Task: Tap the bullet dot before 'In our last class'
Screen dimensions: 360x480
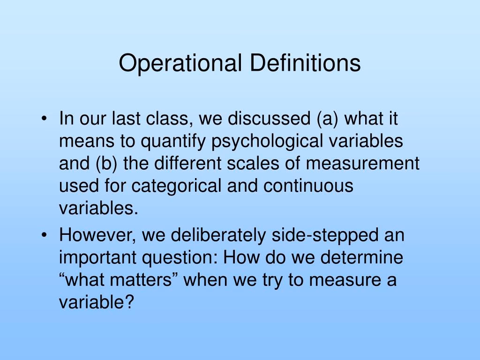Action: [44, 119]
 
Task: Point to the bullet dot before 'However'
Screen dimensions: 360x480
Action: [44, 235]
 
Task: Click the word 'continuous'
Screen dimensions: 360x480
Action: [308, 186]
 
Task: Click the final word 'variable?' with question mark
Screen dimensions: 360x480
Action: [97, 302]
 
